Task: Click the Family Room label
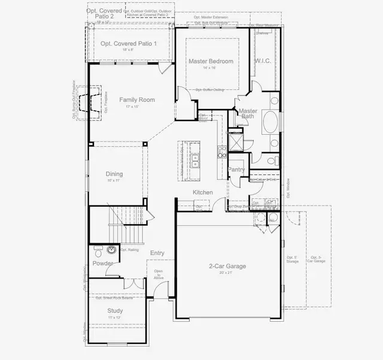[137, 99]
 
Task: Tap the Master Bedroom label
[211, 61]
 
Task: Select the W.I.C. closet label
[263, 61]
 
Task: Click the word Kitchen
[202, 192]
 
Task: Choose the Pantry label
[237, 170]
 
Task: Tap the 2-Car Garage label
[227, 266]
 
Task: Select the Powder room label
[103, 263]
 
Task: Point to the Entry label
[157, 253]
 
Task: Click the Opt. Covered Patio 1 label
[129, 44]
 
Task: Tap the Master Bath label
[248, 113]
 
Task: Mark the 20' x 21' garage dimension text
[227, 273]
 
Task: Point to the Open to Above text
[159, 274]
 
